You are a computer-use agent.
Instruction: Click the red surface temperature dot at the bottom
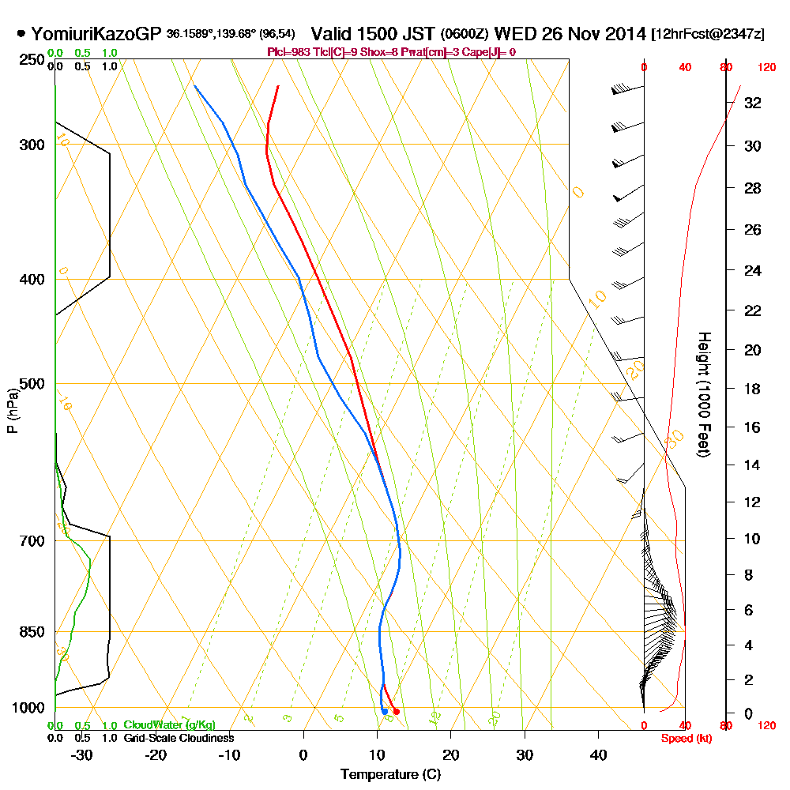pyautogui.click(x=397, y=712)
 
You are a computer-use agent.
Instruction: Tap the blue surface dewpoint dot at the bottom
pyautogui.click(x=385, y=712)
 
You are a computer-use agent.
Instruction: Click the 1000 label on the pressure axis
pyautogui.click(x=30, y=708)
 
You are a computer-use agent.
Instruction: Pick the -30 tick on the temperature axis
pyautogui.click(x=81, y=755)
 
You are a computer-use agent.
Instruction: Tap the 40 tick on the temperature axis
pyautogui.click(x=598, y=755)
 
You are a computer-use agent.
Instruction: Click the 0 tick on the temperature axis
pyautogui.click(x=303, y=755)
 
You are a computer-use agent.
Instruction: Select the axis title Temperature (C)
pyautogui.click(x=390, y=775)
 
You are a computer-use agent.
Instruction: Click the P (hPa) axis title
pyautogui.click(x=12, y=410)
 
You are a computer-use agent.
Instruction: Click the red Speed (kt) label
pyautogui.click(x=683, y=738)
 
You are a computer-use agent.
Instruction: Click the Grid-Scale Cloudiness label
pyautogui.click(x=179, y=738)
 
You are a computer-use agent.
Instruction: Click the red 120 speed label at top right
pyautogui.click(x=765, y=68)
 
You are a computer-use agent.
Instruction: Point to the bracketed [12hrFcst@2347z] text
pyautogui.click(x=708, y=35)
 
